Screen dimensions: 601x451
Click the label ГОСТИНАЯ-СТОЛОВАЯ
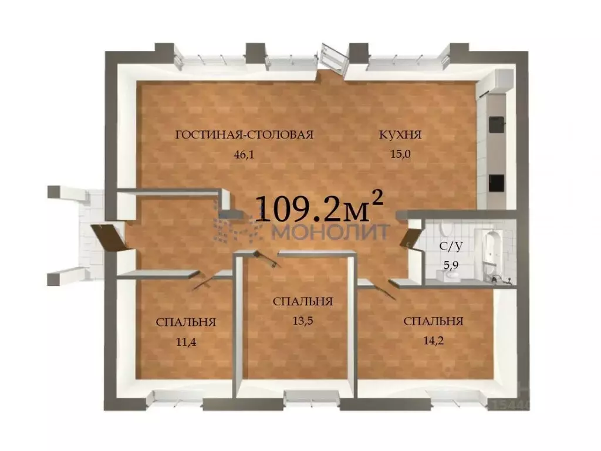244,134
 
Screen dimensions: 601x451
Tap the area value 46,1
244,154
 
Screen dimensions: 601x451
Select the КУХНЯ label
400,134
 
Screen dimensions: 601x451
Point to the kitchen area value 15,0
400,154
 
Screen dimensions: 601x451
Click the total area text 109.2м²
319,207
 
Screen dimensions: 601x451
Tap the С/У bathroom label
451,246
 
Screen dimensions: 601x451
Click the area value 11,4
186,341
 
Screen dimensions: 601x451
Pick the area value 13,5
303,321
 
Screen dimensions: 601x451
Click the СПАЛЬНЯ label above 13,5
303,301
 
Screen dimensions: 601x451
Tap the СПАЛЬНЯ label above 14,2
434,321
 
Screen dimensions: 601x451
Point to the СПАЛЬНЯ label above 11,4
186,322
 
